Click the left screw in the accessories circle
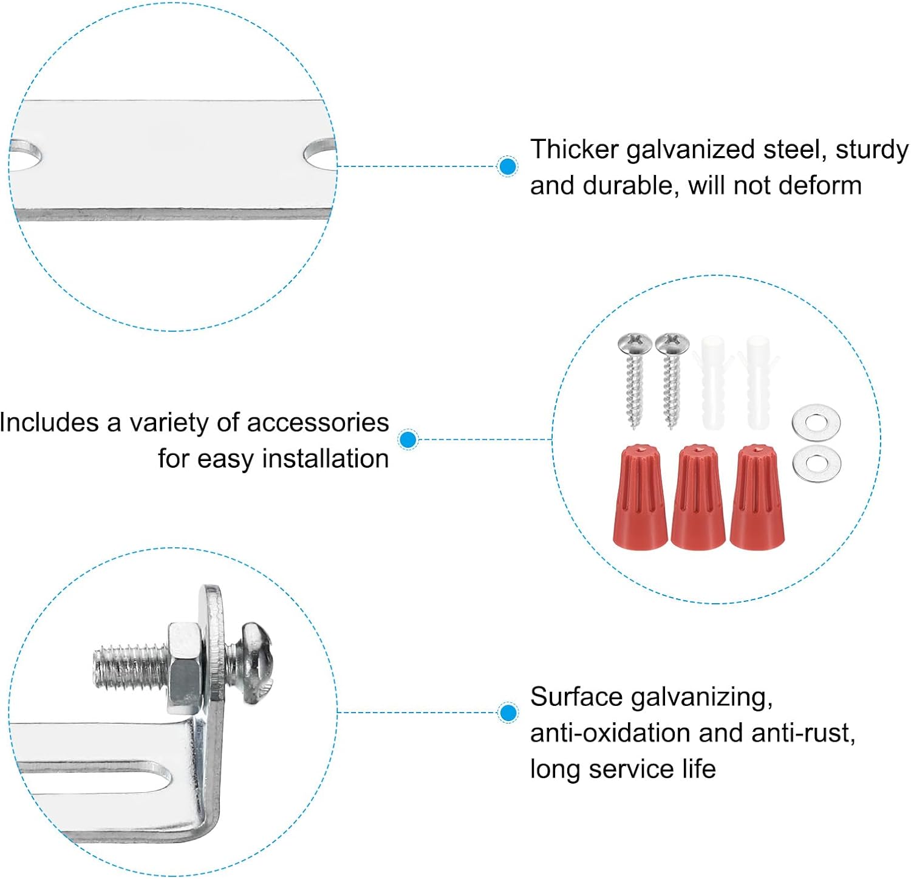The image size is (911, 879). coord(635,380)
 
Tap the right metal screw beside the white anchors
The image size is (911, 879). coord(672,380)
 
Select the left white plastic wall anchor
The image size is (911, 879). coord(713,383)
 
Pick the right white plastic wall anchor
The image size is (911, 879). coord(757,383)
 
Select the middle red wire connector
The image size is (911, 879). coord(698,497)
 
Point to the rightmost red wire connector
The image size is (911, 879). coord(756,497)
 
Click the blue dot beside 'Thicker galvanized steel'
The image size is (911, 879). coord(507,166)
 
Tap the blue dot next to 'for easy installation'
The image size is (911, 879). coord(409,439)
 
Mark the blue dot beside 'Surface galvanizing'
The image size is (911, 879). coord(507,713)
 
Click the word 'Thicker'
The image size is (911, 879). coord(575,149)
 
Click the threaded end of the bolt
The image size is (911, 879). coord(130,668)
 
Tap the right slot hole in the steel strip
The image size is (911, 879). coord(319,153)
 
